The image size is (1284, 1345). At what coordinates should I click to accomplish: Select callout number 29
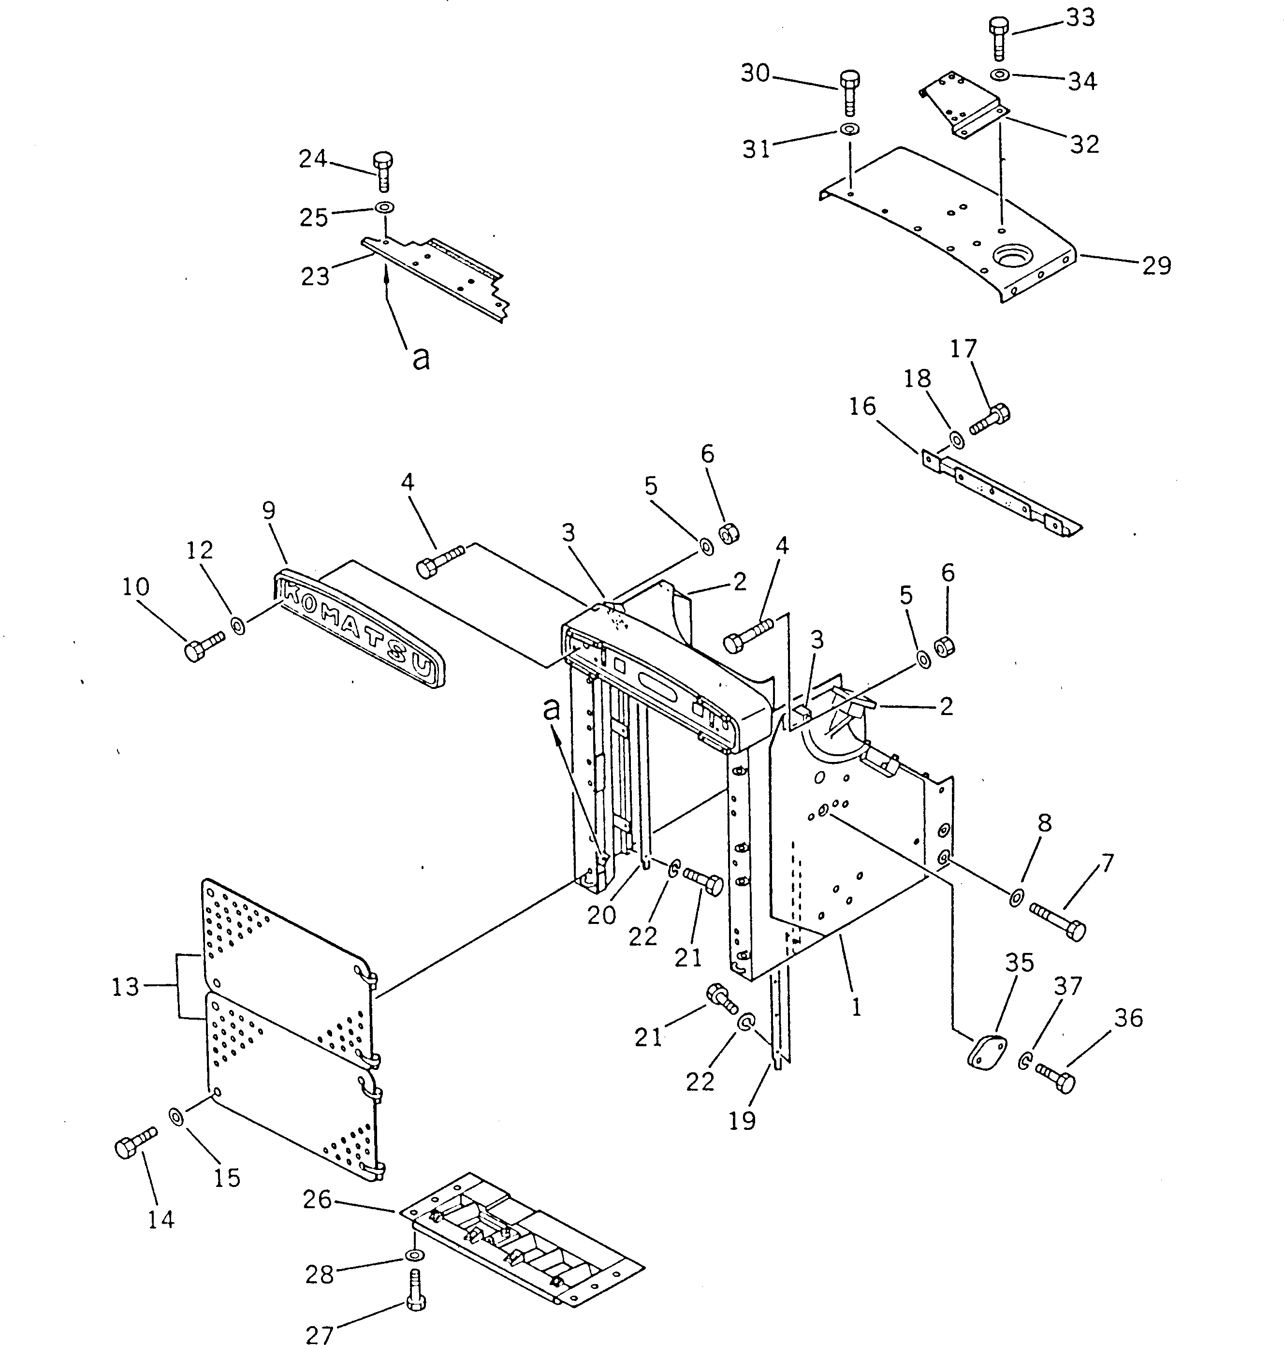click(x=1157, y=265)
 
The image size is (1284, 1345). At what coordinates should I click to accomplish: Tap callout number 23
click(x=316, y=277)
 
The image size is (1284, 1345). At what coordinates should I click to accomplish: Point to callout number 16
click(x=862, y=407)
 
